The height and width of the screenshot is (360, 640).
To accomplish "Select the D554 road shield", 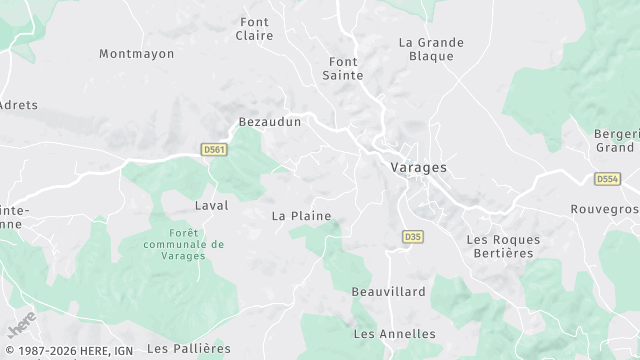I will click(607, 179).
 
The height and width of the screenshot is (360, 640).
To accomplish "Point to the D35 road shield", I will click(412, 237).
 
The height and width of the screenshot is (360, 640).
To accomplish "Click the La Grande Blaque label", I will click(431, 49).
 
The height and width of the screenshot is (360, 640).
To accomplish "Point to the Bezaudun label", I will click(269, 122).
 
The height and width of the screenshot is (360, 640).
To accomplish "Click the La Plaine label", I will click(301, 215).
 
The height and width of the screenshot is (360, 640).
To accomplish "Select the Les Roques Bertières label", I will click(504, 247).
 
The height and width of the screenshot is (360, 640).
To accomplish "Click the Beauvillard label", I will click(388, 292).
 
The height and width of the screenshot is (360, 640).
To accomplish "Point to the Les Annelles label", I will click(395, 333).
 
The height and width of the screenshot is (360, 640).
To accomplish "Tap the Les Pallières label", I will click(189, 348).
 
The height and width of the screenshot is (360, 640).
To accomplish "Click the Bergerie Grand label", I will click(617, 140).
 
